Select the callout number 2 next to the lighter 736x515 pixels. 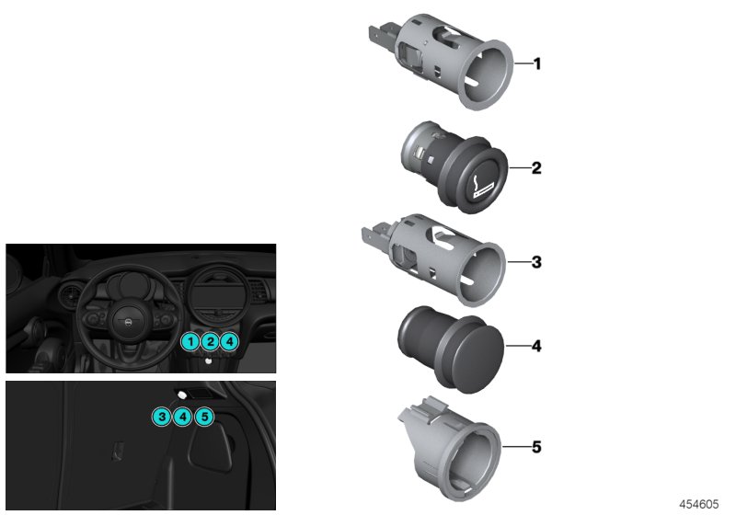click(537, 169)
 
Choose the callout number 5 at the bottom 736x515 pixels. click(537, 448)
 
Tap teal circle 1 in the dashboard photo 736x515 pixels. click(190, 342)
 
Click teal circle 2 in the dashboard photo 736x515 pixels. click(210, 342)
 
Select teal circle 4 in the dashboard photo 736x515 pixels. click(230, 342)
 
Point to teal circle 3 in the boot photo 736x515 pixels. click(162, 417)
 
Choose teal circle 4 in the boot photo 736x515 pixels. click(183, 417)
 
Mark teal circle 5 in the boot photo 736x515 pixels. click(204, 417)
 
